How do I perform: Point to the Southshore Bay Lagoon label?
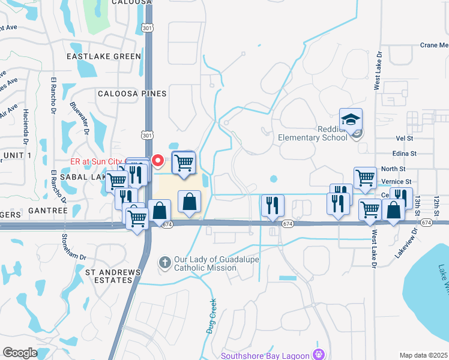tap(265, 355)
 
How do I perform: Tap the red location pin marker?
tap(158, 161)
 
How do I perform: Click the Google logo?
tap(20, 353)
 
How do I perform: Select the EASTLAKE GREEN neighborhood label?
tap(104, 56)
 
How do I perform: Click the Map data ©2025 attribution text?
tap(423, 355)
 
